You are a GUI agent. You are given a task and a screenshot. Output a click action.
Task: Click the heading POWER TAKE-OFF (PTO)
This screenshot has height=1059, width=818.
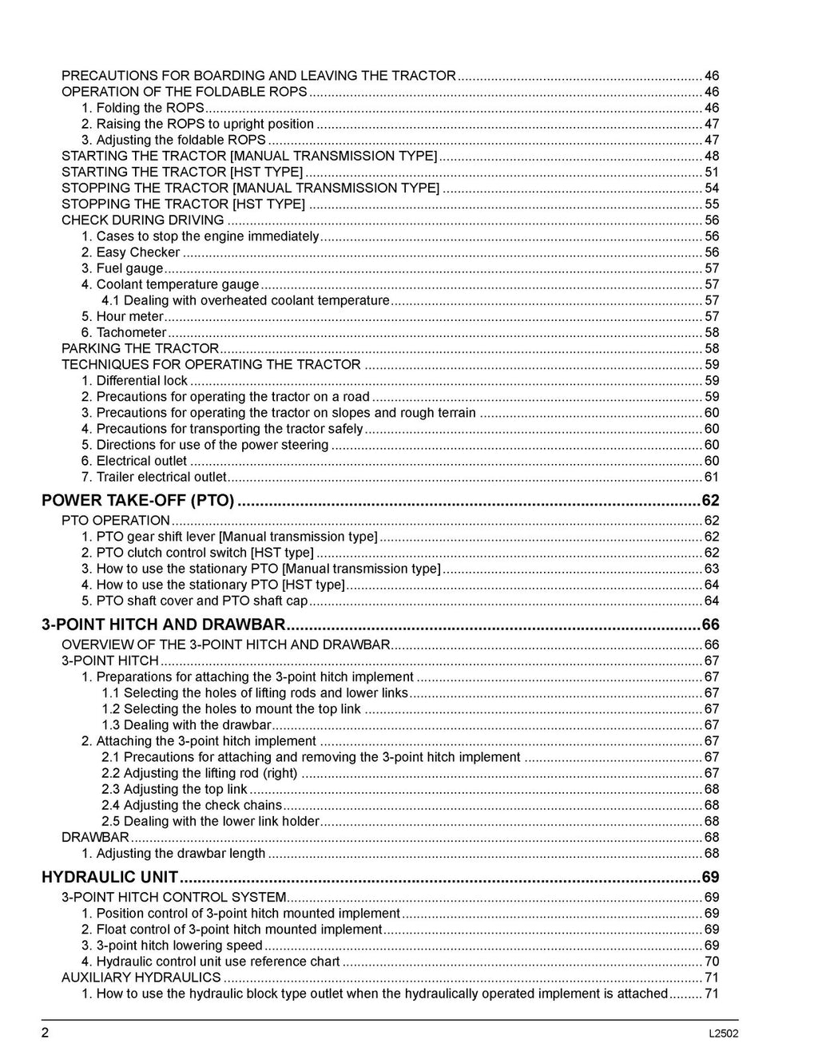(137, 501)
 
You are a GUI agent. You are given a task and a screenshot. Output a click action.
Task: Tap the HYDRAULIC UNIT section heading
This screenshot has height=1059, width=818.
(109, 877)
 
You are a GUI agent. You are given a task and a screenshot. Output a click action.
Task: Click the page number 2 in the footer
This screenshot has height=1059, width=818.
(46, 1033)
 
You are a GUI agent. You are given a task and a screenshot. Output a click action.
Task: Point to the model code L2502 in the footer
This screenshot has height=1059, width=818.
(723, 1033)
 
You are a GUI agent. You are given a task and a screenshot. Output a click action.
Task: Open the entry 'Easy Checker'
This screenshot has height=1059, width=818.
(137, 252)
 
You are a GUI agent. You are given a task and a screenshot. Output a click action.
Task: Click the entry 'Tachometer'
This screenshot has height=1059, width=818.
(131, 332)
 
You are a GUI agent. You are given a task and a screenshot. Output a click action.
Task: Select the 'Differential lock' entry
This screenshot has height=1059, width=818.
(141, 380)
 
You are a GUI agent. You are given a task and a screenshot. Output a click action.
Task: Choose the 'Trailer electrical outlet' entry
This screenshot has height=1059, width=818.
(161, 477)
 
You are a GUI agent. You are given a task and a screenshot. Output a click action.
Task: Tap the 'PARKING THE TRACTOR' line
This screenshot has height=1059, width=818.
(140, 348)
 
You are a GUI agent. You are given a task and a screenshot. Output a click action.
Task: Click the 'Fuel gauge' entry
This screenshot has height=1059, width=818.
(129, 268)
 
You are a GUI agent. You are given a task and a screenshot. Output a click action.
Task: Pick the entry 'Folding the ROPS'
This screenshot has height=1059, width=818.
(149, 108)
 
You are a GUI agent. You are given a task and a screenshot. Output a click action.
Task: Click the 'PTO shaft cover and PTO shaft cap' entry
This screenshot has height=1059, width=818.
(201, 601)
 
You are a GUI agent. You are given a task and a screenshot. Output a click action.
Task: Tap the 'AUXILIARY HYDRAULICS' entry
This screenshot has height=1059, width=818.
(141, 978)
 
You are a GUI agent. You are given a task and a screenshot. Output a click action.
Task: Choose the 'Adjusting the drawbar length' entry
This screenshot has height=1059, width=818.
(181, 853)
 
